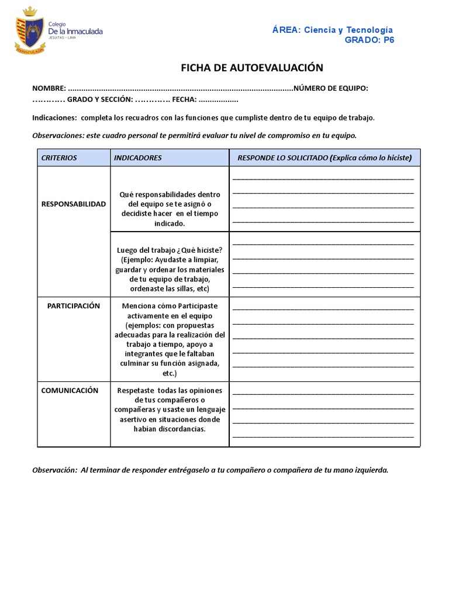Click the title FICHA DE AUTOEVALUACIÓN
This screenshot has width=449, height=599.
(x=252, y=68)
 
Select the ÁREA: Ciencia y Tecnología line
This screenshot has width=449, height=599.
(x=333, y=30)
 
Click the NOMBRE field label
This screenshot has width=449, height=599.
(x=49, y=88)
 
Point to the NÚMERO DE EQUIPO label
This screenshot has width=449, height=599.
(x=331, y=88)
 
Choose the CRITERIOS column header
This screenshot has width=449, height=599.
(x=59, y=158)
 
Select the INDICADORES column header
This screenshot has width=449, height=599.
(x=138, y=158)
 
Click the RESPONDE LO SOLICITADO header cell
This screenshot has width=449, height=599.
(x=324, y=158)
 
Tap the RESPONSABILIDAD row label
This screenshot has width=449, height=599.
(x=74, y=204)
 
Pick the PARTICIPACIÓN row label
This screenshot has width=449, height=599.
(x=74, y=306)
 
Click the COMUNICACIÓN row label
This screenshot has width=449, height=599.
(x=70, y=390)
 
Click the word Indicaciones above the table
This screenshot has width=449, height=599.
(x=54, y=118)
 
